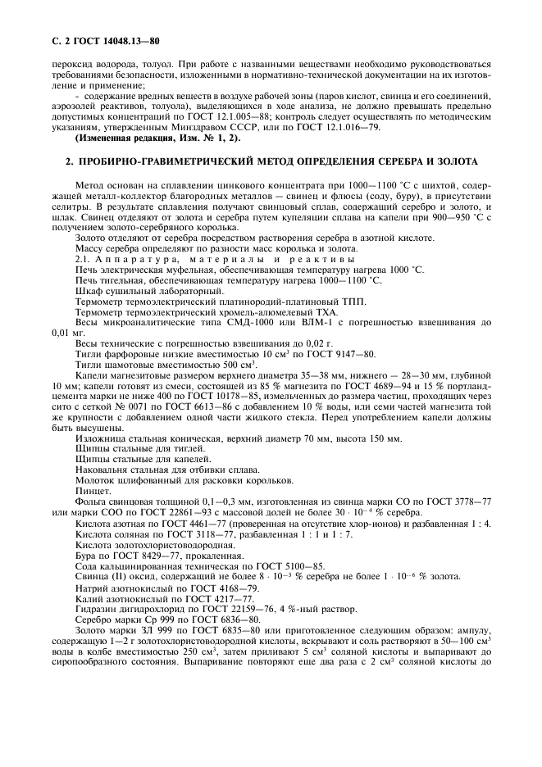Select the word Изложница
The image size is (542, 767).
101,438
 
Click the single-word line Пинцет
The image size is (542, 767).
90,491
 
